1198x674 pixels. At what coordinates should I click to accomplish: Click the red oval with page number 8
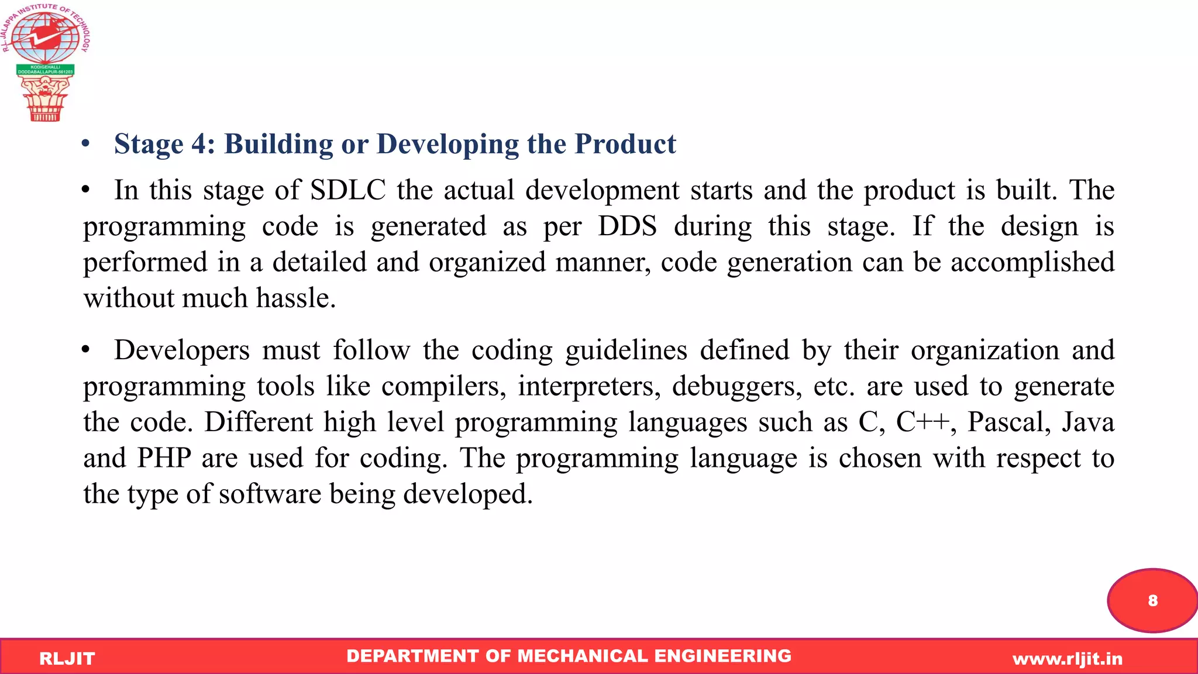(x=1152, y=600)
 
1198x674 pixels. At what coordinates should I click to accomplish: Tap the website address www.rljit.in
(x=1068, y=659)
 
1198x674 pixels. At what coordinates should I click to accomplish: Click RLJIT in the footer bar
(x=67, y=659)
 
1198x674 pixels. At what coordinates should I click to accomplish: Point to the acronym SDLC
(x=347, y=190)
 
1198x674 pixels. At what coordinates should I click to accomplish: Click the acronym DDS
(x=627, y=226)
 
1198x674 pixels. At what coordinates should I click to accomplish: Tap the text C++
(x=922, y=422)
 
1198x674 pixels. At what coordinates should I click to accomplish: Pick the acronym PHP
(x=164, y=458)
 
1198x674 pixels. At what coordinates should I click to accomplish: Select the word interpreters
(x=589, y=386)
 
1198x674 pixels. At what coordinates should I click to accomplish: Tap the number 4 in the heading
(x=199, y=144)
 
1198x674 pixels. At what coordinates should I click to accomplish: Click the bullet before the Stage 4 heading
(x=86, y=144)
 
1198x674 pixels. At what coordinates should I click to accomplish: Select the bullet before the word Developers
(x=86, y=350)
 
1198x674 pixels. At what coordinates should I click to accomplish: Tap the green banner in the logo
(x=45, y=70)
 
